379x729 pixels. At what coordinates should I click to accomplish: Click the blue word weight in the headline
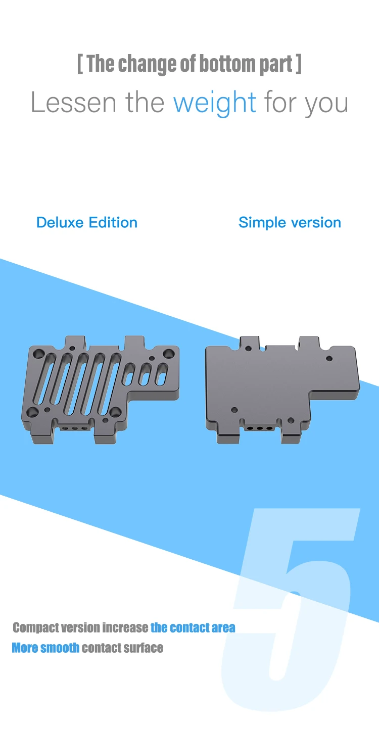click(215, 102)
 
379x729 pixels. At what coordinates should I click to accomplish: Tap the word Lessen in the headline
click(73, 102)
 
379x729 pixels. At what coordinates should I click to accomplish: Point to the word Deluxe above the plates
click(60, 222)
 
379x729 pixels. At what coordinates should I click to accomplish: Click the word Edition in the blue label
click(113, 222)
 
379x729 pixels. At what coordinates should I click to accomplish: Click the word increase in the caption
click(125, 628)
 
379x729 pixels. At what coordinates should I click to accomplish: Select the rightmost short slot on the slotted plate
click(162, 375)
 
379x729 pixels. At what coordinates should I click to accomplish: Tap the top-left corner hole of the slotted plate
click(37, 351)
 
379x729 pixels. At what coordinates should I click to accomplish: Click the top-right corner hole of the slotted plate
click(167, 352)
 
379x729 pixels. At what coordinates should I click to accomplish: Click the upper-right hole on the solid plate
click(329, 358)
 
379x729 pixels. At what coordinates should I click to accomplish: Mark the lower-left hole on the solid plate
click(234, 410)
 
